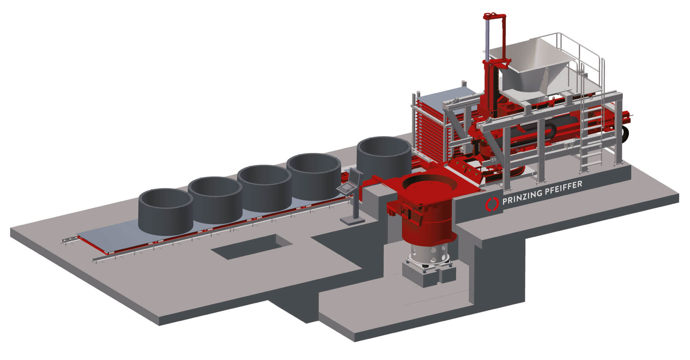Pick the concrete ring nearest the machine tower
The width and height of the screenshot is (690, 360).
[x=384, y=155]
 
